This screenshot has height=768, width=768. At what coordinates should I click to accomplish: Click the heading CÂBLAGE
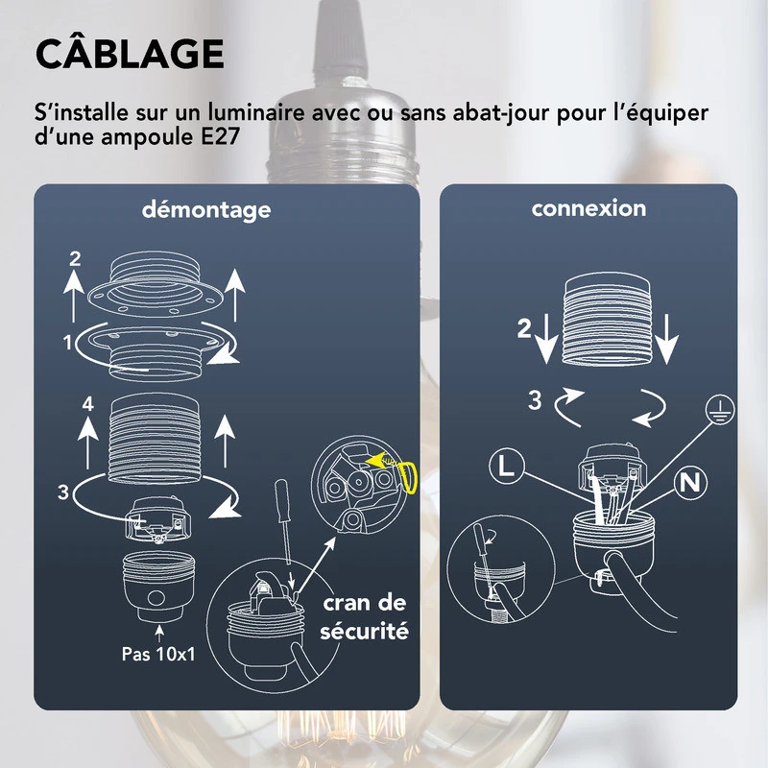pyautogui.click(x=130, y=55)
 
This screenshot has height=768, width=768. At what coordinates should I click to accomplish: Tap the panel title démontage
pyautogui.click(x=206, y=209)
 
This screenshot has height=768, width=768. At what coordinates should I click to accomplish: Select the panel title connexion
pyautogui.click(x=588, y=208)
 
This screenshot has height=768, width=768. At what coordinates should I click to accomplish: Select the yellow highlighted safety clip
pyautogui.click(x=406, y=473)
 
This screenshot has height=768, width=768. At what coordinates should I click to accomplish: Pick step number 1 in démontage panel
pyautogui.click(x=67, y=341)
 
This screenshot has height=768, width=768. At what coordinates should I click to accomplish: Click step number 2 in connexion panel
pyautogui.click(x=523, y=329)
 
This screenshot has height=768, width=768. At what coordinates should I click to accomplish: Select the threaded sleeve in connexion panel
pyautogui.click(x=605, y=319)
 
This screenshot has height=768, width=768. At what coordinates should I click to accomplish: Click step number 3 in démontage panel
pyautogui.click(x=62, y=492)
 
